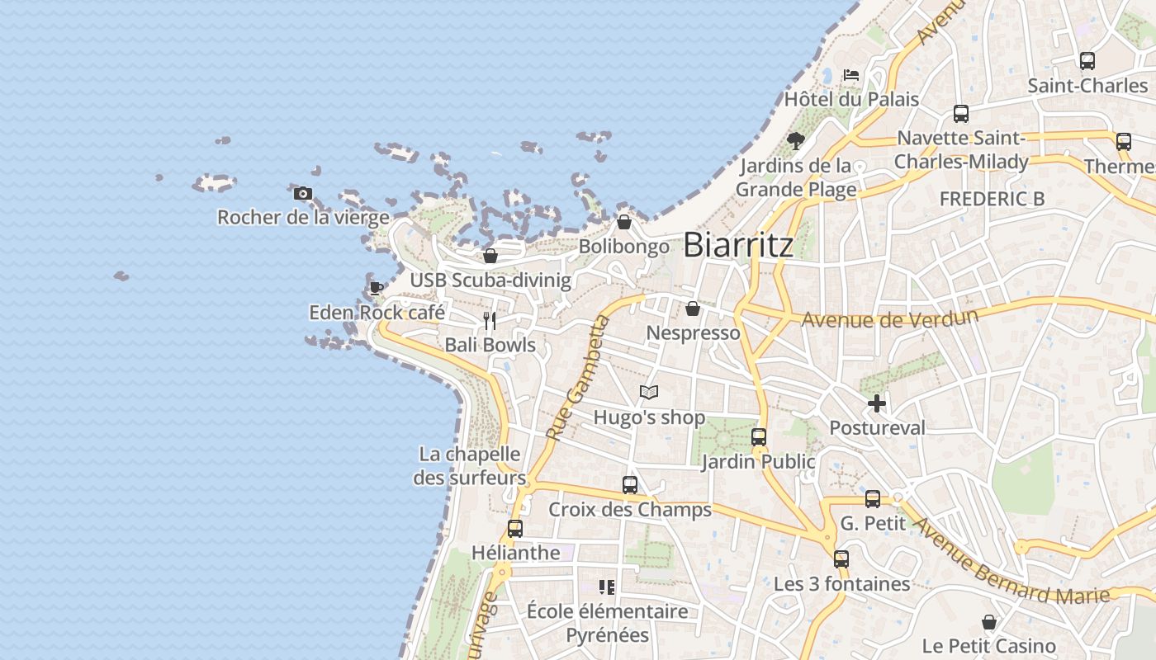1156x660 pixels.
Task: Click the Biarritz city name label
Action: [x=738, y=245]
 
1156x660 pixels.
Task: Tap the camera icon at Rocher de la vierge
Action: [x=303, y=194]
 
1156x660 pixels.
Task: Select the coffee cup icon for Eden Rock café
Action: [x=376, y=288]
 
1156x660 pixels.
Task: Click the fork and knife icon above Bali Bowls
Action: [x=490, y=320]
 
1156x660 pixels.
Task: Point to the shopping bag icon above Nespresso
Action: [x=693, y=309]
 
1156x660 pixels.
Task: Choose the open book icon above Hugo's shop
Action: [x=649, y=393]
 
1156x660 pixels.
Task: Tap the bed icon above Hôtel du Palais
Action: [x=851, y=75]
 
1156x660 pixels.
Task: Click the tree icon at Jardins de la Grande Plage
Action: [x=796, y=140]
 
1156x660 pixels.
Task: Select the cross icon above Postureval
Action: [x=877, y=403]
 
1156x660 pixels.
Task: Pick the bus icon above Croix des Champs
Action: [x=630, y=485]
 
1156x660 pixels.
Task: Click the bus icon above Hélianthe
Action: [x=515, y=528]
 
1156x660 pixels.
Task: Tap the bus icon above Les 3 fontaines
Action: [x=841, y=559]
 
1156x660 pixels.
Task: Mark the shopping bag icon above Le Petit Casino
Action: [x=988, y=622]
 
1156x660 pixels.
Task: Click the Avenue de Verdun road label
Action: [x=889, y=318]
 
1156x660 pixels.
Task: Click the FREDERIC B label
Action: [x=992, y=199]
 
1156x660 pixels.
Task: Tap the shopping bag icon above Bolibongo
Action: [x=624, y=223]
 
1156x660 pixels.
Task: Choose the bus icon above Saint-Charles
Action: [x=1087, y=61]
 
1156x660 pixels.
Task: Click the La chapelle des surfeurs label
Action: [x=469, y=466]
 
